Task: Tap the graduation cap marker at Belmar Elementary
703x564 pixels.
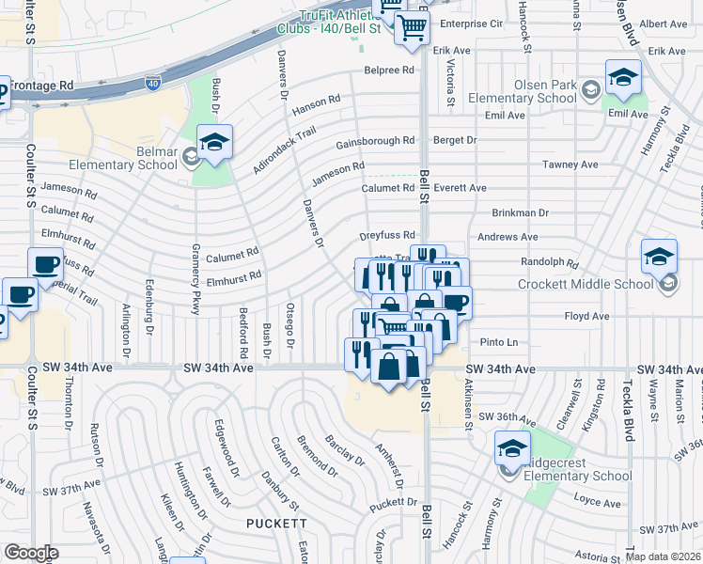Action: click(214, 143)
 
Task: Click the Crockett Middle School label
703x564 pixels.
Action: click(586, 284)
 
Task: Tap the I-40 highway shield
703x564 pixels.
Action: click(152, 85)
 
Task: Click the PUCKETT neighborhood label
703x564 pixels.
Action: click(276, 523)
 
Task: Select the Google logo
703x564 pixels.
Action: click(31, 553)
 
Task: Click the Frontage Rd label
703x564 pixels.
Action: click(41, 85)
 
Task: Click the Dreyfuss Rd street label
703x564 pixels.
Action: click(387, 236)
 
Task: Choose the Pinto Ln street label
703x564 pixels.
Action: click(499, 342)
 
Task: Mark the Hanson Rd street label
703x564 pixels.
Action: click(316, 105)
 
